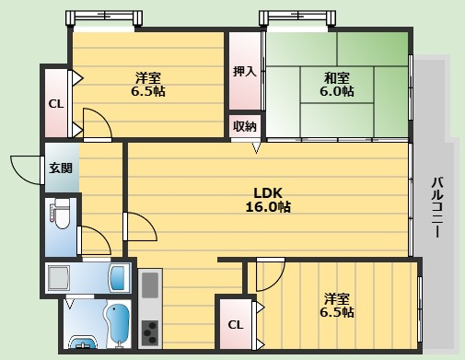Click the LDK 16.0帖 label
click(x=268, y=200)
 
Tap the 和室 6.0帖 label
click(x=337, y=85)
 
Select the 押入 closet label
click(x=245, y=72)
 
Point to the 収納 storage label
click(x=245, y=126)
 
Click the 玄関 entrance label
click(x=61, y=168)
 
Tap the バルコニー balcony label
click(x=437, y=206)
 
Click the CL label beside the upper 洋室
click(x=56, y=104)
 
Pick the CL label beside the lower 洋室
click(x=236, y=325)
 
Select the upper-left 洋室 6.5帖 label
click(x=148, y=85)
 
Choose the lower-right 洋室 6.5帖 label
click(x=337, y=306)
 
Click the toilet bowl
click(x=62, y=214)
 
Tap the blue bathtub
click(x=118, y=324)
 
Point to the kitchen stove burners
click(x=150, y=332)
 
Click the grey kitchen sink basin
click(x=150, y=285)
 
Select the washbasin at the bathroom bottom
click(x=83, y=343)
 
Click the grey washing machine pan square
click(x=58, y=278)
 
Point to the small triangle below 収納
click(x=256, y=148)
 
